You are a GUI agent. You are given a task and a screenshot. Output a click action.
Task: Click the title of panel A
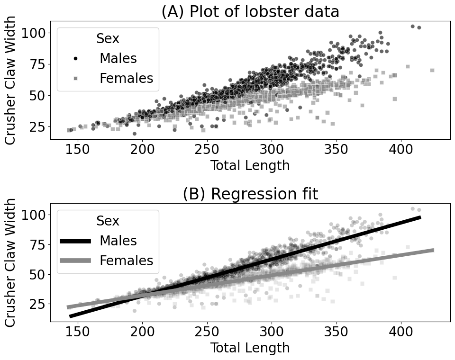pyautogui.click(x=250, y=11)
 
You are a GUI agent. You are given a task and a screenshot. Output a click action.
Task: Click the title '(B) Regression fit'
pyautogui.click(x=250, y=194)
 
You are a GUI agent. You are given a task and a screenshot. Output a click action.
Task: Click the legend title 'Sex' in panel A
pyautogui.click(x=108, y=39)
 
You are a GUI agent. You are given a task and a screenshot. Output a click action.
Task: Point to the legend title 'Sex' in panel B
pyautogui.click(x=108, y=221)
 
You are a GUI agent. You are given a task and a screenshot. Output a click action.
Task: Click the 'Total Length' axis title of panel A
pyautogui.click(x=250, y=166)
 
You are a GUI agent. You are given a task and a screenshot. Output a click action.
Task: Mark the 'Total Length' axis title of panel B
pyautogui.click(x=250, y=348)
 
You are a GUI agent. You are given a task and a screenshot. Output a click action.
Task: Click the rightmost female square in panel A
pyautogui.click(x=432, y=70)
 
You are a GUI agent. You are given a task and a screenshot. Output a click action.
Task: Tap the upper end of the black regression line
pyautogui.click(x=419, y=217)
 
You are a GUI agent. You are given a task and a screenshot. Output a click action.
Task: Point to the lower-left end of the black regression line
pyautogui.click(x=71, y=316)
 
